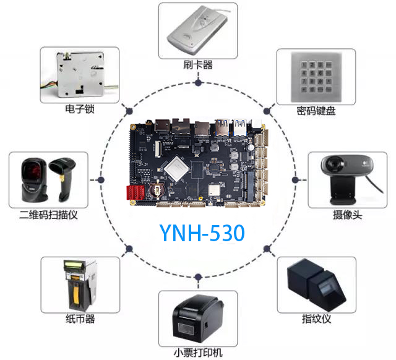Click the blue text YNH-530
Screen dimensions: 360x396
tap(202, 233)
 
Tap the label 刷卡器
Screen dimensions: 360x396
tap(198, 64)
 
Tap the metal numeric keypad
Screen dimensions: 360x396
tap(316, 77)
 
